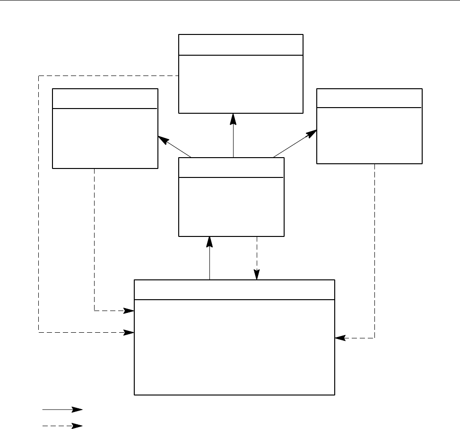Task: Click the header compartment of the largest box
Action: [x=234, y=289]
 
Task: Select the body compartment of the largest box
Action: [x=234, y=347]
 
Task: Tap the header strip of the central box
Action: [x=231, y=168]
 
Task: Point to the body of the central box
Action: [x=231, y=207]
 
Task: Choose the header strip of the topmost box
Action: [x=241, y=44]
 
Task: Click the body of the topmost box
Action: [x=241, y=84]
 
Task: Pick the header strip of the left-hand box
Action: [x=104, y=98]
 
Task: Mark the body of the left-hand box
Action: [x=104, y=138]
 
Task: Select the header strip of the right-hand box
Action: [x=369, y=98]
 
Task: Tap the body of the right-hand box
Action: [x=369, y=135]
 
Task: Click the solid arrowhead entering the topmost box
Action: [x=233, y=118]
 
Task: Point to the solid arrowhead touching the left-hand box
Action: [x=163, y=140]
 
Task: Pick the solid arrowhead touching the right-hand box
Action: [x=311, y=134]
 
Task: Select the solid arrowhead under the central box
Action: [x=209, y=242]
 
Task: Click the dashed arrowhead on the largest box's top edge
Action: [x=257, y=275]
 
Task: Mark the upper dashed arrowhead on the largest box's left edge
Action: [x=129, y=311]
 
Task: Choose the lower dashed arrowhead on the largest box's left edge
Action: [x=129, y=333]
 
